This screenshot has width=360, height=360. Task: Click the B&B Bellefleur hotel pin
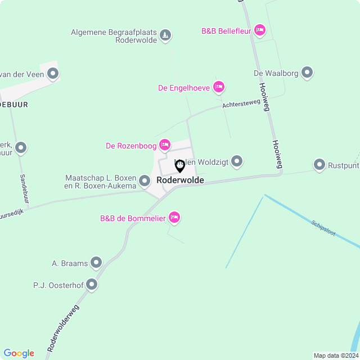coord(259,29)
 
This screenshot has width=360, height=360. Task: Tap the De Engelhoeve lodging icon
coord(219,87)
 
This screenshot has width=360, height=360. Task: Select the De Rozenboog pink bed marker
coord(165,145)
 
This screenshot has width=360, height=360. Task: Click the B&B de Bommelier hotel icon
coord(174,217)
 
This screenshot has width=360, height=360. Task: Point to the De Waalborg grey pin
coord(307,73)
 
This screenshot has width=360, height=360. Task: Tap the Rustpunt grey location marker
coord(319,165)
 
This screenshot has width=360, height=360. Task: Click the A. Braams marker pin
coord(96,262)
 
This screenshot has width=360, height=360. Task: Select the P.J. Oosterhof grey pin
coord(92,285)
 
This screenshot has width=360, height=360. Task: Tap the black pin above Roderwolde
coord(180,166)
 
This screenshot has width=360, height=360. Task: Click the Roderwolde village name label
coord(180,181)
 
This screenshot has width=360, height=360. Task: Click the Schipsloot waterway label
coord(323,228)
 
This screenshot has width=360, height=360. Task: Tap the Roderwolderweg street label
coord(63,328)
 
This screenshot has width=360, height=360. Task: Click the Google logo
coord(19,353)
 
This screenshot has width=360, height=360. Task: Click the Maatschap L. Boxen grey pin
coord(145,181)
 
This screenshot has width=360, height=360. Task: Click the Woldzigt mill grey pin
coord(237,161)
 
